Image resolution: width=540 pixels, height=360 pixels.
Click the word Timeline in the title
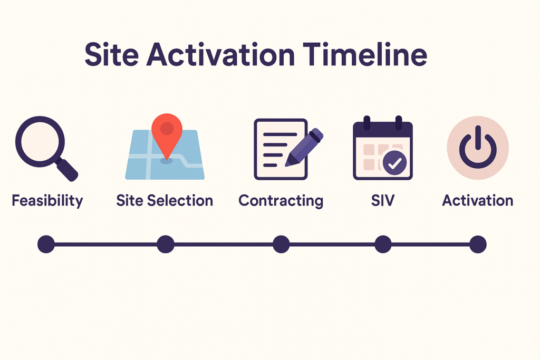pyautogui.click(x=365, y=54)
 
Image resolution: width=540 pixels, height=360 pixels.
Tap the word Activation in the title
pyautogui.click(x=221, y=54)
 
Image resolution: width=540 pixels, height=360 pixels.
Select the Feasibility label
pyautogui.click(x=47, y=201)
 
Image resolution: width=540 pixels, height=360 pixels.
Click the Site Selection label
pyautogui.click(x=165, y=200)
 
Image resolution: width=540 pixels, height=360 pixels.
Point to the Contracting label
pyautogui.click(x=281, y=201)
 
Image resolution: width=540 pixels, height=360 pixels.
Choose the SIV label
pyautogui.click(x=383, y=200)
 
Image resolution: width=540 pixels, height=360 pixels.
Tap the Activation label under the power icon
pyautogui.click(x=478, y=200)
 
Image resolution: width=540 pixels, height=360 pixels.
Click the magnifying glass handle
pyautogui.click(x=67, y=169)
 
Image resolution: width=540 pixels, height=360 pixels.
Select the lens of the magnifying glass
pyautogui.click(x=40, y=141)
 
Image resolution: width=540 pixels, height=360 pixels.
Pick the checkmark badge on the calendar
pyautogui.click(x=394, y=163)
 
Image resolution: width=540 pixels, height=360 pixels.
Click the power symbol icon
pyautogui.click(x=478, y=148)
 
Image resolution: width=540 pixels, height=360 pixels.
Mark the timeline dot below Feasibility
pyautogui.click(x=46, y=245)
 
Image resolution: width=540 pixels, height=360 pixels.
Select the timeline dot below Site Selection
pyautogui.click(x=166, y=245)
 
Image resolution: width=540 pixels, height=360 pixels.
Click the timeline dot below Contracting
pyautogui.click(x=281, y=245)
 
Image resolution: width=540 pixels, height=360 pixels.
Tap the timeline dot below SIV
pyautogui.click(x=383, y=245)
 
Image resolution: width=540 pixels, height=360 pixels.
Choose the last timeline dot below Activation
pyautogui.click(x=478, y=245)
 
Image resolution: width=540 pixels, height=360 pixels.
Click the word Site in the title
pyautogui.click(x=112, y=54)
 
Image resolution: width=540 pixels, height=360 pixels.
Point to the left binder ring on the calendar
pyautogui.click(x=367, y=123)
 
